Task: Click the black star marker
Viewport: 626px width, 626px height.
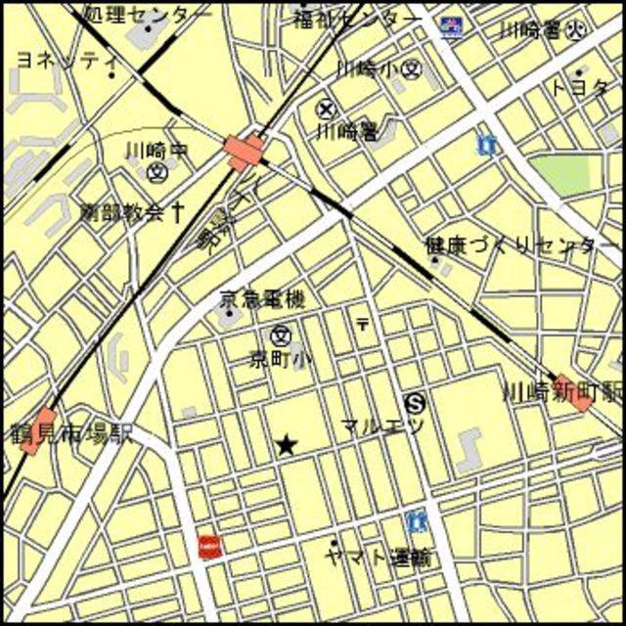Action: point(286,446)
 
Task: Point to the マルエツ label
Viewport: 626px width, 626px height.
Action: point(382,425)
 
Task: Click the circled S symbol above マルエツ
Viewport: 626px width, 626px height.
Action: point(416,401)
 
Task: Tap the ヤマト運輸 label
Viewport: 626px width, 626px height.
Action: point(379,559)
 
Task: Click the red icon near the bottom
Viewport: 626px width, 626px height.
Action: point(207,546)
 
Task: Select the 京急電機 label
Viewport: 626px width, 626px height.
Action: point(261,299)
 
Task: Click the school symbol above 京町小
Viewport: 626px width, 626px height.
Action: point(282,335)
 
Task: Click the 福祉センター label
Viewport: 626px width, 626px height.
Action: point(358,18)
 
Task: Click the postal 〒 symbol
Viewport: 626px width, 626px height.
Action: point(364,323)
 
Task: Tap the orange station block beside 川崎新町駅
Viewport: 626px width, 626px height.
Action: point(573,392)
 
